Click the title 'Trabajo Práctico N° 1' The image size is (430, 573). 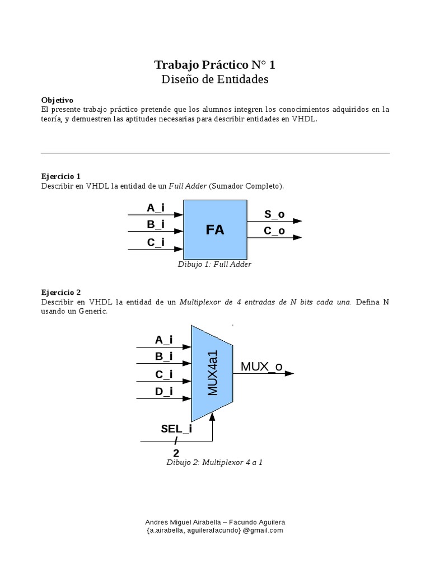[x=215, y=65]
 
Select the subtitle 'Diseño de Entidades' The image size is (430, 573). [x=215, y=79]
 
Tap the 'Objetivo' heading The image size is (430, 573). [x=57, y=100]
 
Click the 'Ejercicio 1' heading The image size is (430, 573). [x=61, y=176]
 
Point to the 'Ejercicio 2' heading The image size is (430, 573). [x=61, y=292]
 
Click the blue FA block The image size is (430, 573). [x=215, y=229]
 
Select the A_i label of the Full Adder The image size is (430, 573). [x=156, y=208]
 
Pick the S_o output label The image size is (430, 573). [x=274, y=214]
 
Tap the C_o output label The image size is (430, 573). [x=274, y=231]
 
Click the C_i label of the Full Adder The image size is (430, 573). [x=156, y=242]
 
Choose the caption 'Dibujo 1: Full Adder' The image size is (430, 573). [x=214, y=264]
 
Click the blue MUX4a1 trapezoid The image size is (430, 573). [x=213, y=373]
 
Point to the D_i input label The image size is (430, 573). [x=163, y=392]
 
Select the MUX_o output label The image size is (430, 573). [x=261, y=367]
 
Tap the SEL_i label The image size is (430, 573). [x=176, y=429]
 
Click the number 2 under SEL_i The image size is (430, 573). [x=176, y=453]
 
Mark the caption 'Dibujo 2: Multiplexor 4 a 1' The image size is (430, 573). [x=214, y=463]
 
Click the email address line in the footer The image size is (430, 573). [x=215, y=530]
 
